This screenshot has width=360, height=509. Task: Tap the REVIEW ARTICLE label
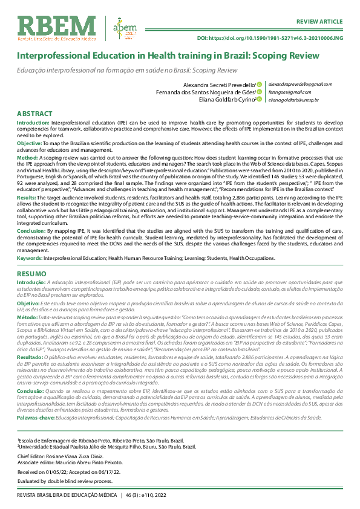pos(318,5)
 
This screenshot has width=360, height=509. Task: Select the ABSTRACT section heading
pos(34,113)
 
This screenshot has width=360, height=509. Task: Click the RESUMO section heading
pos(31,274)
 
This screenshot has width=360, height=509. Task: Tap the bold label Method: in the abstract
pos(28,157)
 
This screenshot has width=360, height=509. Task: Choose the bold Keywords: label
pos(33,258)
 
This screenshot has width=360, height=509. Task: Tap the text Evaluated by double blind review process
pos(65,481)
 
